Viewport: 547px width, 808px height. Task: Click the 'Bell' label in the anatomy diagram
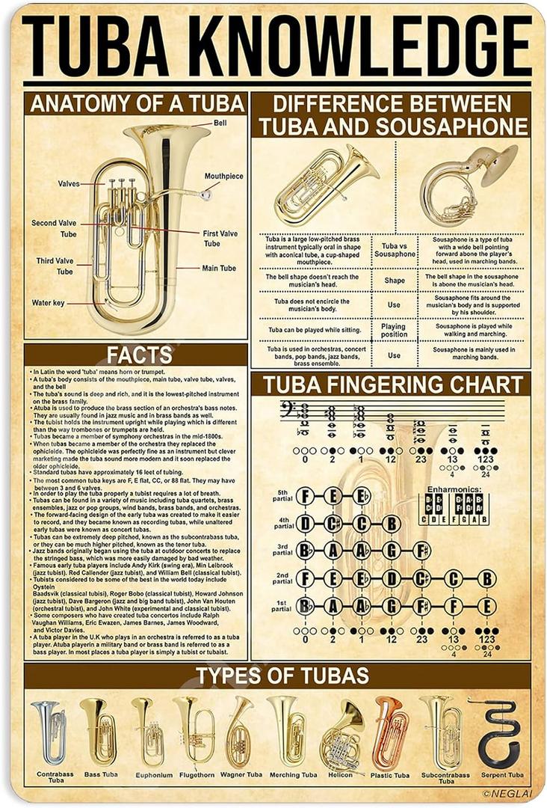click(x=220, y=123)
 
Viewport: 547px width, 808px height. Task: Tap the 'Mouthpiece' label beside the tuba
click(x=223, y=177)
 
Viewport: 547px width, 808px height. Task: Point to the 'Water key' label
click(x=48, y=303)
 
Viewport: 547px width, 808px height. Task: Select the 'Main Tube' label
click(x=218, y=268)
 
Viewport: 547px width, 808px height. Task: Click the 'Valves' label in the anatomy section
click(x=69, y=183)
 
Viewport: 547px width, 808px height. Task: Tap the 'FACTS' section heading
click(x=139, y=355)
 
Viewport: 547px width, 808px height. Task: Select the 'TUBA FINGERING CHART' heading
click(x=392, y=385)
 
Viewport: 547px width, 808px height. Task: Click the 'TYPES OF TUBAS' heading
click(x=282, y=676)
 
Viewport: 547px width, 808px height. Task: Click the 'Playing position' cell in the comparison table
click(x=394, y=330)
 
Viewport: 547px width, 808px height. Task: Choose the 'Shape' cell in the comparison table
click(x=394, y=281)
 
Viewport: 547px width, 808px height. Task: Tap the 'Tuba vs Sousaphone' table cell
click(x=394, y=250)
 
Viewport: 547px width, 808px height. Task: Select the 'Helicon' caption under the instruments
click(x=340, y=775)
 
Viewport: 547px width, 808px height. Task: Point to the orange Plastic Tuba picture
click(x=391, y=732)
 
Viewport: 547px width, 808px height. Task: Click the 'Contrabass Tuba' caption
click(x=55, y=777)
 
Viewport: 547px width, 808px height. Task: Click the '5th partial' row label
click(x=282, y=495)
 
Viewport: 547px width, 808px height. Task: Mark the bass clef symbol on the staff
click(x=287, y=410)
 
